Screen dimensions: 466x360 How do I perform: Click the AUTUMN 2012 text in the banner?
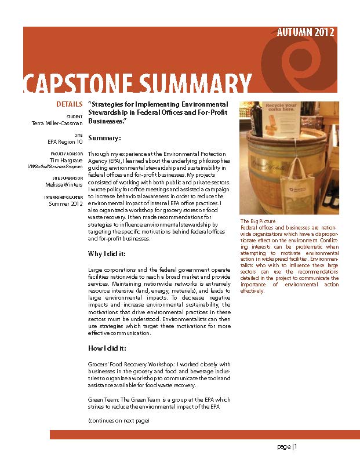click(x=305, y=32)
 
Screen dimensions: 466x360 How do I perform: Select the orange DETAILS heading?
click(x=70, y=104)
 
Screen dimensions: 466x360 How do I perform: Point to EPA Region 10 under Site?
click(x=65, y=141)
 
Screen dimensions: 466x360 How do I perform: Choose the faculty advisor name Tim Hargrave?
click(x=66, y=160)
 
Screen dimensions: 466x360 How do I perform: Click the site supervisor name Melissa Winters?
click(x=64, y=184)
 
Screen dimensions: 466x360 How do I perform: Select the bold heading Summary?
click(x=104, y=138)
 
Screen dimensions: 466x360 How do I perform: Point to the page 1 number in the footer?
click(x=286, y=446)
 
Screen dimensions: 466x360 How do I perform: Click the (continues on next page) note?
click(x=118, y=420)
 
